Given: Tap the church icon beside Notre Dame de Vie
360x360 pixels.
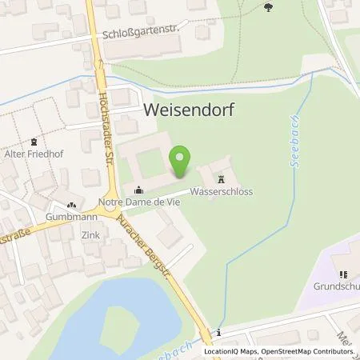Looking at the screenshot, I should [x=139, y=190].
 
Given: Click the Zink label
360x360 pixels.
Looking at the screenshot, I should [x=90, y=235].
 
